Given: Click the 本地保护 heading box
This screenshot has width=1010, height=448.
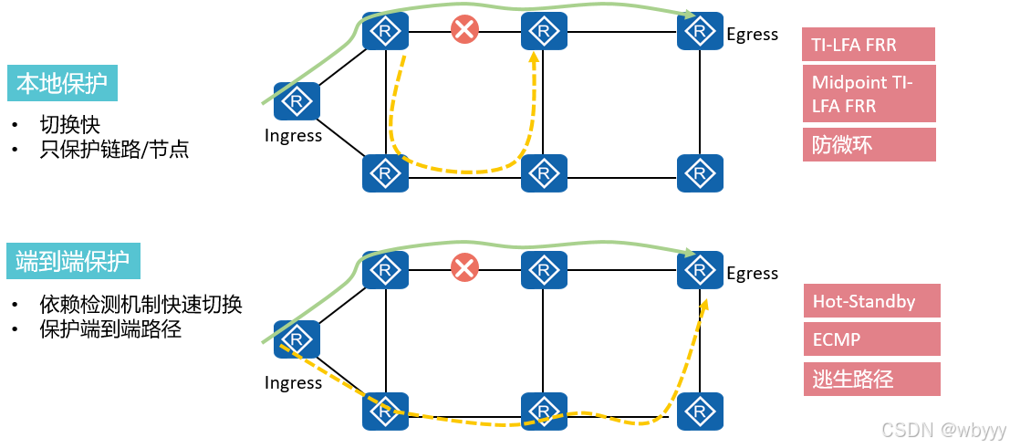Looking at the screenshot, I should pyautogui.click(x=63, y=83).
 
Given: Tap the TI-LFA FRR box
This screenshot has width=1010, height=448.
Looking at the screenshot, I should pyautogui.click(x=869, y=44).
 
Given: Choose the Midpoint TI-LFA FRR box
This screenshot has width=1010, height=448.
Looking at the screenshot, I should pyautogui.click(x=869, y=94).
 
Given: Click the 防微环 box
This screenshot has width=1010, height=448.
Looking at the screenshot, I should pyautogui.click(x=869, y=144).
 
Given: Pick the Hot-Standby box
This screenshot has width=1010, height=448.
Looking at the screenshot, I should pyautogui.click(x=870, y=301).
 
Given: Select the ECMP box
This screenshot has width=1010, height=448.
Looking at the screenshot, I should pyautogui.click(x=870, y=340).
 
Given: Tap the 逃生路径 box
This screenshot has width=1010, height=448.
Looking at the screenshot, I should pyautogui.click(x=870, y=379).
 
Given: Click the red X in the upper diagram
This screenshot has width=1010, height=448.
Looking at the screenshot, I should pyautogui.click(x=464, y=30).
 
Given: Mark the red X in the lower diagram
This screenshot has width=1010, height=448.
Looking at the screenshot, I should pyautogui.click(x=464, y=267).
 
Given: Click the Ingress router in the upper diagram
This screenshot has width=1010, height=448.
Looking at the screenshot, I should pyautogui.click(x=297, y=101).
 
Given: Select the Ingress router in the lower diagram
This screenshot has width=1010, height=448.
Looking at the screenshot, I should pyautogui.click(x=297, y=339).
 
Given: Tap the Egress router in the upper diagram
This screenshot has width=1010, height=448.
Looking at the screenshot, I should pyautogui.click(x=700, y=32).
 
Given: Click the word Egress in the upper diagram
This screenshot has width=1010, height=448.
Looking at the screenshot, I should pyautogui.click(x=752, y=35).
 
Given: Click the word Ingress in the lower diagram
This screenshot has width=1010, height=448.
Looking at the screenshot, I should pyautogui.click(x=293, y=382).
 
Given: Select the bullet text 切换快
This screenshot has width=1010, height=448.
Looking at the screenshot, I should pyautogui.click(x=69, y=125).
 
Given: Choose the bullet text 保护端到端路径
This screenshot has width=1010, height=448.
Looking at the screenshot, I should pyautogui.click(x=110, y=329).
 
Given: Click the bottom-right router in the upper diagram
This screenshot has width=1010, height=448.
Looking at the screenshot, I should pyautogui.click(x=700, y=172).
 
